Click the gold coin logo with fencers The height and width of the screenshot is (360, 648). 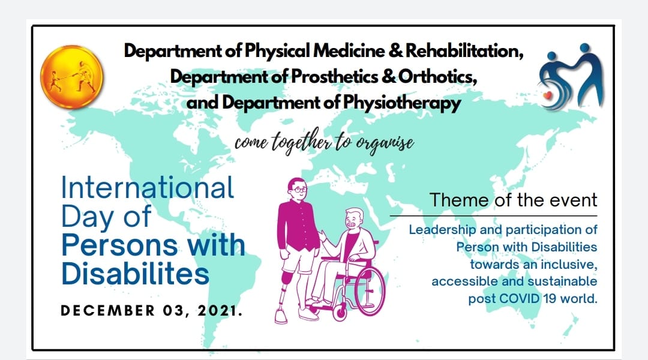[71, 77]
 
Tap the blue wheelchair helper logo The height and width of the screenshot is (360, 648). [572, 77]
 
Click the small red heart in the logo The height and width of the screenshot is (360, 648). [548, 95]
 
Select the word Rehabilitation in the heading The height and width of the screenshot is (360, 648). [464, 51]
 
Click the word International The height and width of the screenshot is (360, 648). [148, 188]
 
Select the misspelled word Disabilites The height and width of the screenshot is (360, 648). [135, 274]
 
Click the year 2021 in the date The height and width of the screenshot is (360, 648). [220, 310]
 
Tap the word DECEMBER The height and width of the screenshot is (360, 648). [107, 310]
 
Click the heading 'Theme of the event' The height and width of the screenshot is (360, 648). [513, 200]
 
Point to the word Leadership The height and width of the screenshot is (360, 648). [442, 230]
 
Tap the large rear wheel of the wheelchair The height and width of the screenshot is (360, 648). [370, 291]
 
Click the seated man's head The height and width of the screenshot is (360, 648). [354, 220]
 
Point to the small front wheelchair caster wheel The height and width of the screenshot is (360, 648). [340, 313]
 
